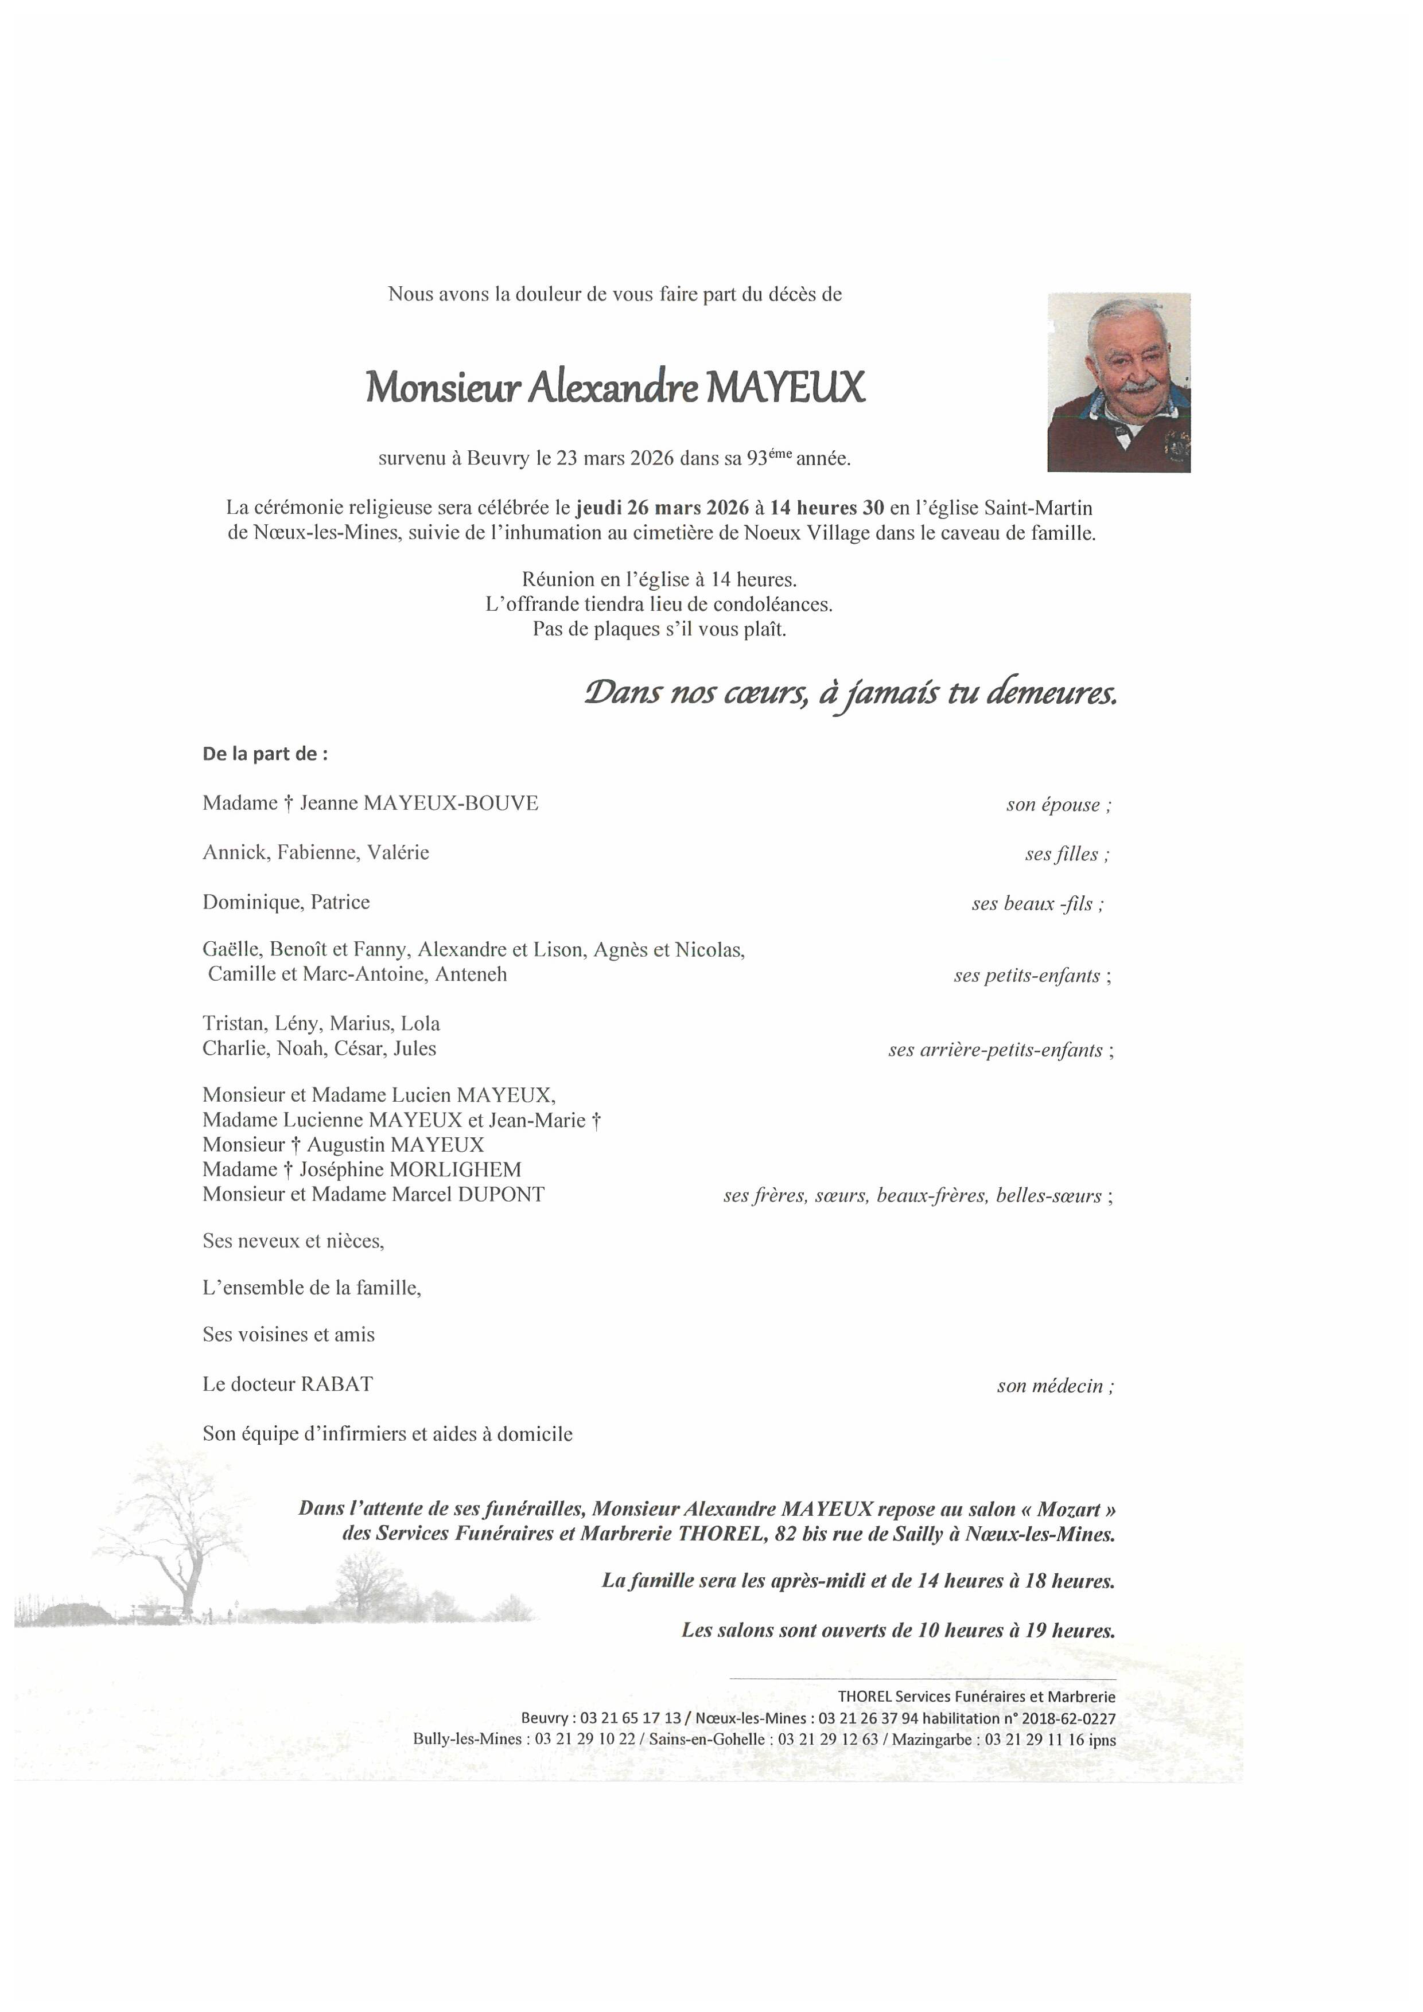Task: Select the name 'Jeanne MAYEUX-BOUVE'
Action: pos(419,803)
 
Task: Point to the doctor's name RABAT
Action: pos(337,1384)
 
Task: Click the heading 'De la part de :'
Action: pos(265,754)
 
